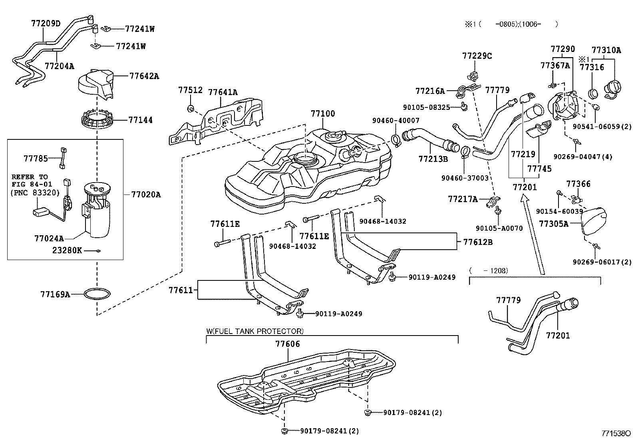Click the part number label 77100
pyautogui.click(x=323, y=114)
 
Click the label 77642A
pyautogui.click(x=144, y=76)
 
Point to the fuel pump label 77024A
pyautogui.click(x=49, y=238)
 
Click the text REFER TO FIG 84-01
pyautogui.click(x=30, y=180)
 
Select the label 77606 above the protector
pyautogui.click(x=287, y=344)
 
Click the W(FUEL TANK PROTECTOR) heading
pyautogui.click(x=254, y=331)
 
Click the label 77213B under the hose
pyautogui.click(x=433, y=159)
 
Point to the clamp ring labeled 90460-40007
pyautogui.click(x=396, y=140)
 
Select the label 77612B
pyautogui.click(x=478, y=242)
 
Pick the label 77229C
pyautogui.click(x=477, y=56)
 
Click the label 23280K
pyautogui.click(x=67, y=250)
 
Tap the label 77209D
pyautogui.click(x=46, y=24)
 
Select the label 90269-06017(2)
pyautogui.click(x=602, y=262)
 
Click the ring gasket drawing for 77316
pyautogui.click(x=594, y=94)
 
